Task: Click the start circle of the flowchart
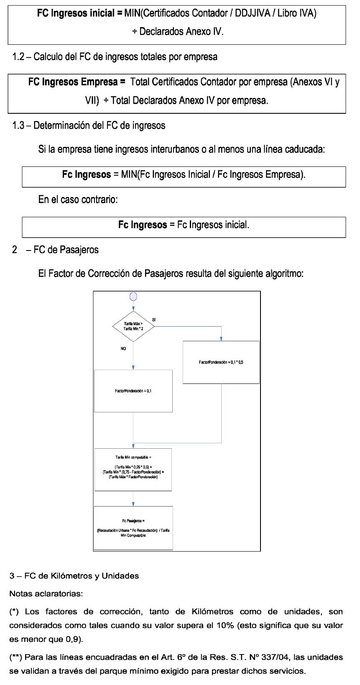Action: coord(133,296)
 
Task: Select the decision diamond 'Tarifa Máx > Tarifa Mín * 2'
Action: coord(133,326)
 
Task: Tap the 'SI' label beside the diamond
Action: coord(154,320)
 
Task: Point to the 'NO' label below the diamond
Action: coord(123,348)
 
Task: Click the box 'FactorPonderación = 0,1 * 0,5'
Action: coord(221,362)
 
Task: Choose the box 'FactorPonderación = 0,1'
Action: coord(133,391)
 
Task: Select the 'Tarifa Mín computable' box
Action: coord(133,469)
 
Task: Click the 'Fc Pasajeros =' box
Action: coord(133,528)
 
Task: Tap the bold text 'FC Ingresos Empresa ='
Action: coord(77,82)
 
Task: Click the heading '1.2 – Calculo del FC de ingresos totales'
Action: coord(115,57)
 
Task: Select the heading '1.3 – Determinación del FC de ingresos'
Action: coord(89,125)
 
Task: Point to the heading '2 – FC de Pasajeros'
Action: coord(56,250)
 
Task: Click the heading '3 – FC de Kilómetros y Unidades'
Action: coord(74,576)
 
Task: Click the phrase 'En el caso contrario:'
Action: coord(78,199)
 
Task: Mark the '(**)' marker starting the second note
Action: coord(16,657)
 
